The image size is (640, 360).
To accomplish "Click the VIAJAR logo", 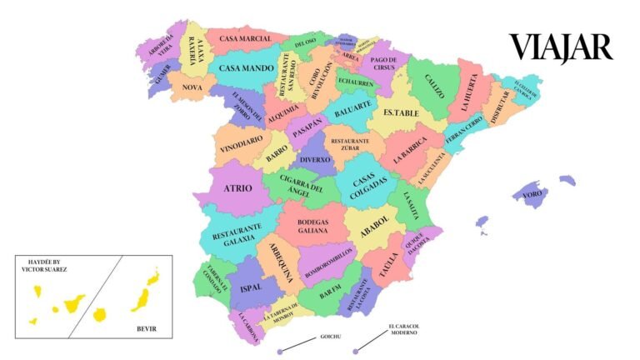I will (561, 47).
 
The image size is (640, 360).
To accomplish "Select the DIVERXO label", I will (315, 159).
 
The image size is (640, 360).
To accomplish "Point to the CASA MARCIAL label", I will (245, 39).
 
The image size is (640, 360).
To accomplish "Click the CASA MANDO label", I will (247, 67).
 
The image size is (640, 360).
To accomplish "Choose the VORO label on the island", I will (532, 194).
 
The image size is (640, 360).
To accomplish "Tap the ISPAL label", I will (250, 287).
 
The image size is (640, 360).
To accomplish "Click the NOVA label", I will (192, 87).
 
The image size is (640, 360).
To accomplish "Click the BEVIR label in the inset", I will (147, 328).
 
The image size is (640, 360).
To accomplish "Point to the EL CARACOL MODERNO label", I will (402, 329).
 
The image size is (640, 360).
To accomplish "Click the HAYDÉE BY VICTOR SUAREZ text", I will (55, 264).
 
